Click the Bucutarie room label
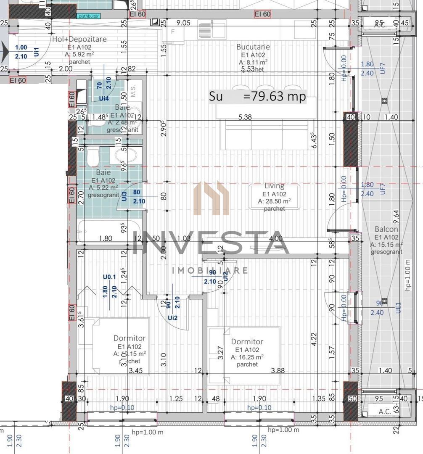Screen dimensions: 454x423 point(253,47)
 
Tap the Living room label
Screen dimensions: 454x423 point(274,186)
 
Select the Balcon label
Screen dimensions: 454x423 point(386,229)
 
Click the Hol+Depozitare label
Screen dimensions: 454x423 point(79,39)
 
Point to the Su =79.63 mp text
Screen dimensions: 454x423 point(258,96)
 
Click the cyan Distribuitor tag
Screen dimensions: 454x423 point(89,16)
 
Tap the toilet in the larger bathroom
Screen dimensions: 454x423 point(93,158)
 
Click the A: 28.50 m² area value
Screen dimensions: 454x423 point(274,202)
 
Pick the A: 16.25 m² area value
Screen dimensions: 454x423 point(247,357)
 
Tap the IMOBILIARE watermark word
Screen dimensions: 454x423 point(210,270)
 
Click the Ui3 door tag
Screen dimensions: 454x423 point(124,196)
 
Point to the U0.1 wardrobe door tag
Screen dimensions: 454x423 point(109,277)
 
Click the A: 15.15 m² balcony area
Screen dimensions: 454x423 point(386,245)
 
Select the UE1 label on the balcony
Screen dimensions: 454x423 point(398,307)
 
